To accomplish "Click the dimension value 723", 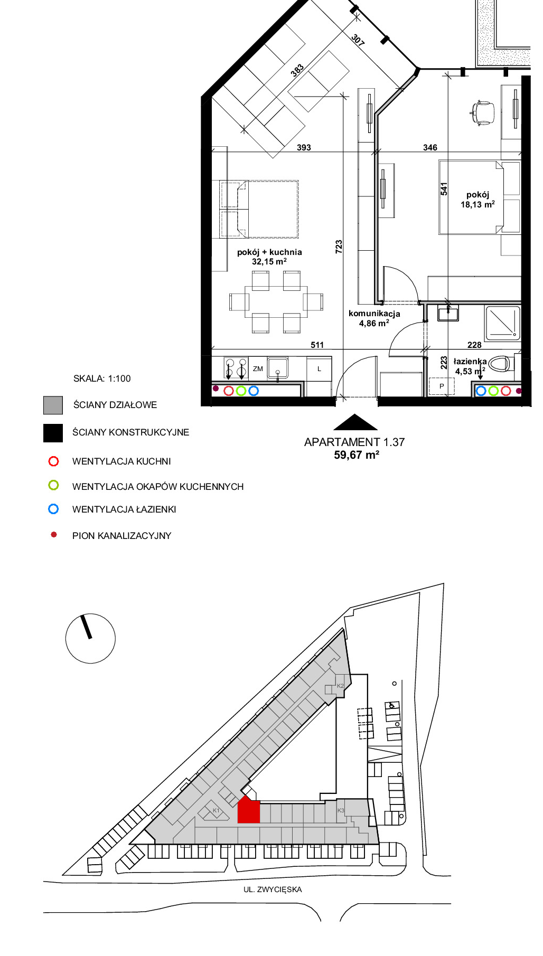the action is (339, 247).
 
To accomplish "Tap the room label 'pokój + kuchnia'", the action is (269, 252).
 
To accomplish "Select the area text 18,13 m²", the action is (478, 204).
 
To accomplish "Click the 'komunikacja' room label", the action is (374, 314).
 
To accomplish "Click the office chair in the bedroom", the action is (482, 112).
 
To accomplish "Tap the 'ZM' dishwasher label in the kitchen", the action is (258, 369).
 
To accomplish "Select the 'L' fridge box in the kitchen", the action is (319, 369).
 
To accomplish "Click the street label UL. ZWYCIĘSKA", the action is (273, 889).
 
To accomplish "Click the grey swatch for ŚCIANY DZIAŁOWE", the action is (53, 405).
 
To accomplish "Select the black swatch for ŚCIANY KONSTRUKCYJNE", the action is (53, 433).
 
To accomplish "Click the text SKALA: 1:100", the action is (102, 378).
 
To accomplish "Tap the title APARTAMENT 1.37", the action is (354, 442).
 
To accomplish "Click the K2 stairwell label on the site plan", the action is (340, 686).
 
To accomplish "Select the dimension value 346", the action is (430, 148).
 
